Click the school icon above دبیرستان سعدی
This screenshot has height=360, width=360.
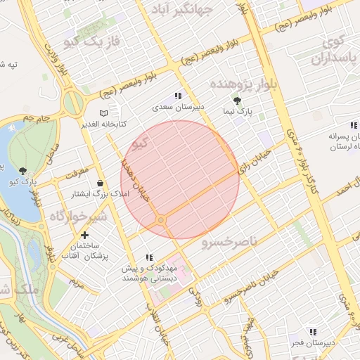179,96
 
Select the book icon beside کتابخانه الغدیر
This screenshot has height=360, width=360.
104,112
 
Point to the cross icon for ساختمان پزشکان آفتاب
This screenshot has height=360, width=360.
85,235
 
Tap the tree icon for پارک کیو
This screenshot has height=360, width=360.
25,171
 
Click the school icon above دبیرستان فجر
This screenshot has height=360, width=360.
312,331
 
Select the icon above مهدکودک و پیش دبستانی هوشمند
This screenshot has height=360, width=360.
148,257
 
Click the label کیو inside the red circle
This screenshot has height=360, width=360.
140,145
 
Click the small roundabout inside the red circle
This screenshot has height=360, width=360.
161,221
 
